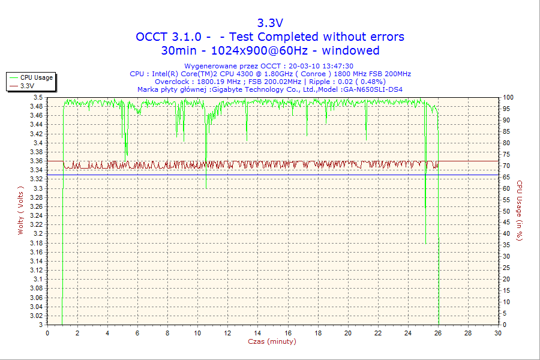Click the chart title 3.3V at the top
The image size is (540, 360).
coord(270,23)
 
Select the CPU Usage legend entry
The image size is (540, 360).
coord(36,77)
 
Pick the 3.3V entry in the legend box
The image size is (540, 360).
coord(27,86)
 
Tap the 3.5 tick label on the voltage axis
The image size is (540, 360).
coord(38,97)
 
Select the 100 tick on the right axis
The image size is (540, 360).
coord(508,97)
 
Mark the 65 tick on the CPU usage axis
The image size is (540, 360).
coord(506,177)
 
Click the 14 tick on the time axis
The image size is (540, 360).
coord(258,333)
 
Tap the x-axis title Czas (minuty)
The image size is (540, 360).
coord(272,341)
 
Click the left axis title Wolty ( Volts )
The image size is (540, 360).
coord(21,210)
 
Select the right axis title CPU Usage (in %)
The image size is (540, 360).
coord(520,210)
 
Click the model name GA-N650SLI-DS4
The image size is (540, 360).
coord(373,89)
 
